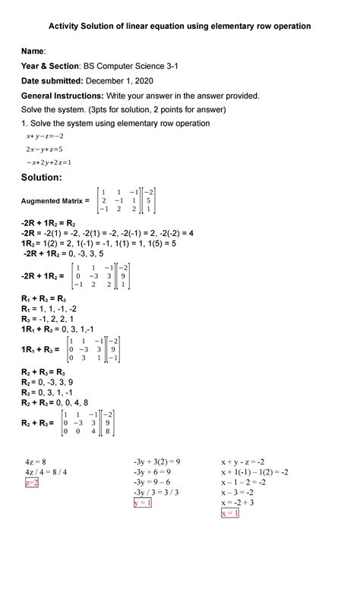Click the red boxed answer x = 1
click(x=230, y=513)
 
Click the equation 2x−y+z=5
click(x=44, y=149)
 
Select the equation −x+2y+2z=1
click(x=48, y=162)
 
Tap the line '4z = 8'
click(x=36, y=461)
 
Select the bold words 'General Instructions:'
click(x=63, y=96)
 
